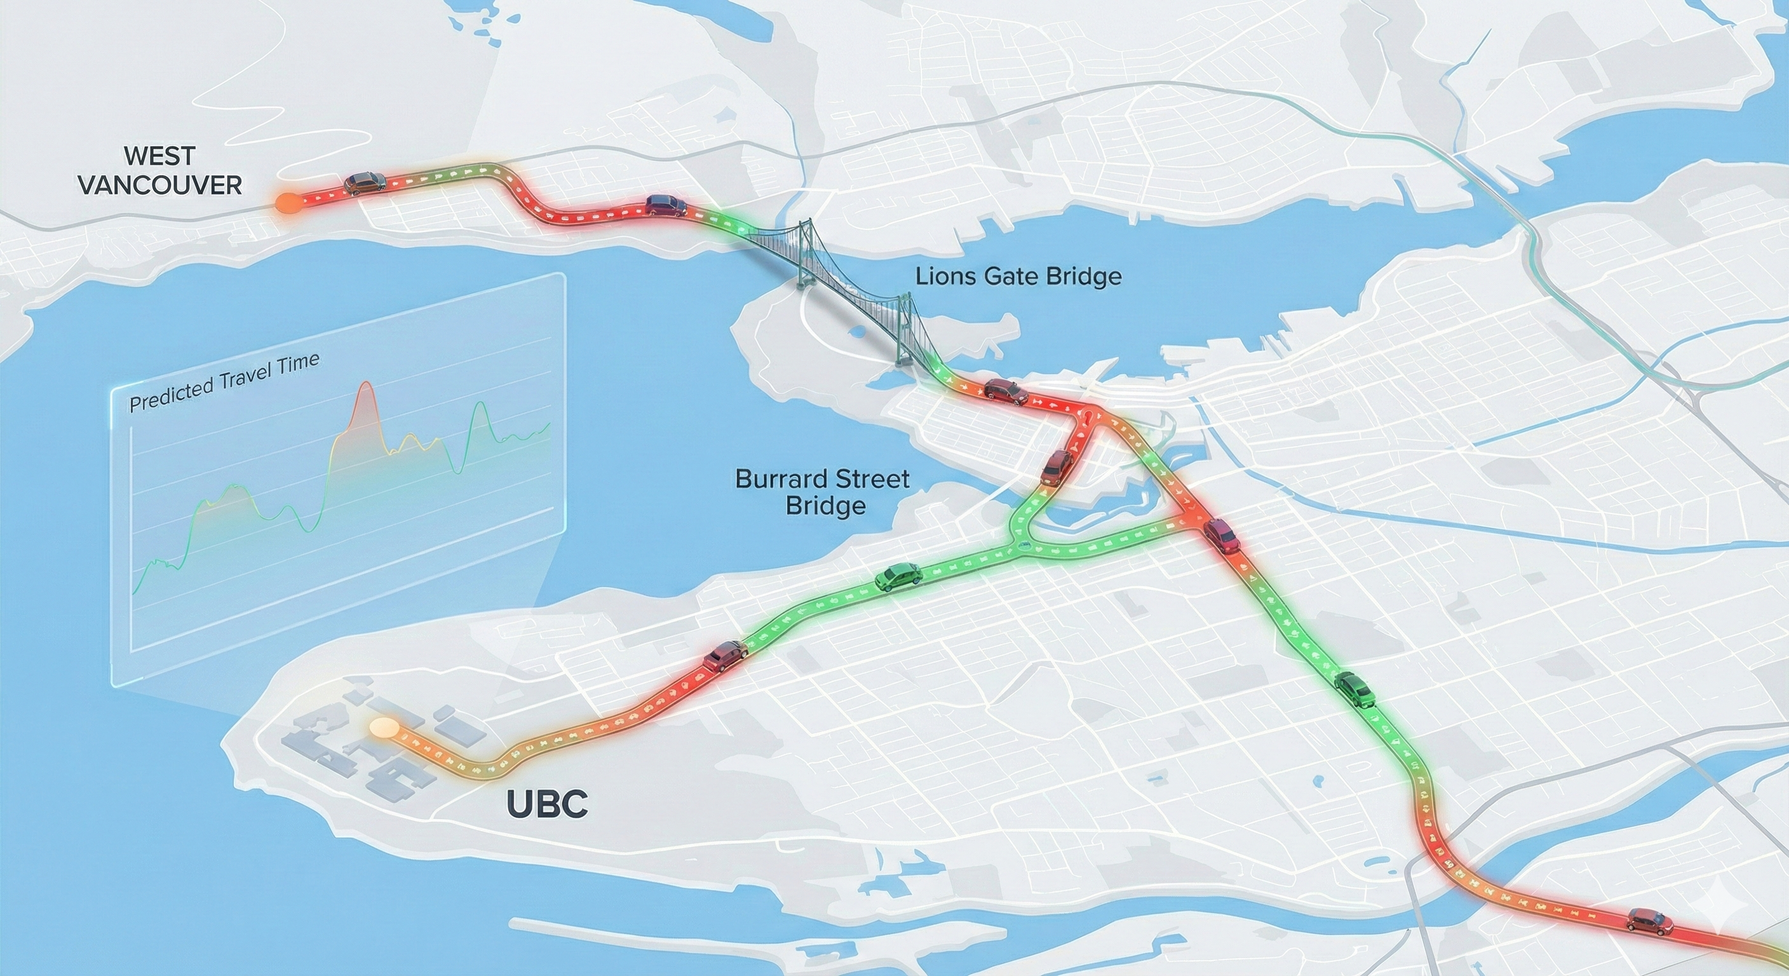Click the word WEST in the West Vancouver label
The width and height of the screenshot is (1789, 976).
[159, 156]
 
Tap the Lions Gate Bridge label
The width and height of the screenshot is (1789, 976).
[1018, 276]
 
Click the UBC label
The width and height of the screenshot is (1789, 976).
[547, 804]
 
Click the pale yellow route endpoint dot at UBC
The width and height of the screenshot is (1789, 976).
[384, 728]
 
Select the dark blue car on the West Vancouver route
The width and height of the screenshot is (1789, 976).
[665, 205]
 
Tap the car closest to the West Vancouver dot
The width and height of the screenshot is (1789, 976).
[365, 183]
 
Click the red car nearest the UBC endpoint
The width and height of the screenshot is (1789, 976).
[724, 655]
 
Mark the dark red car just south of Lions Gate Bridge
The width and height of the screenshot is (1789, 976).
[1005, 391]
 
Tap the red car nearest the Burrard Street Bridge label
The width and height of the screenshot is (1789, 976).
[1057, 468]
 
